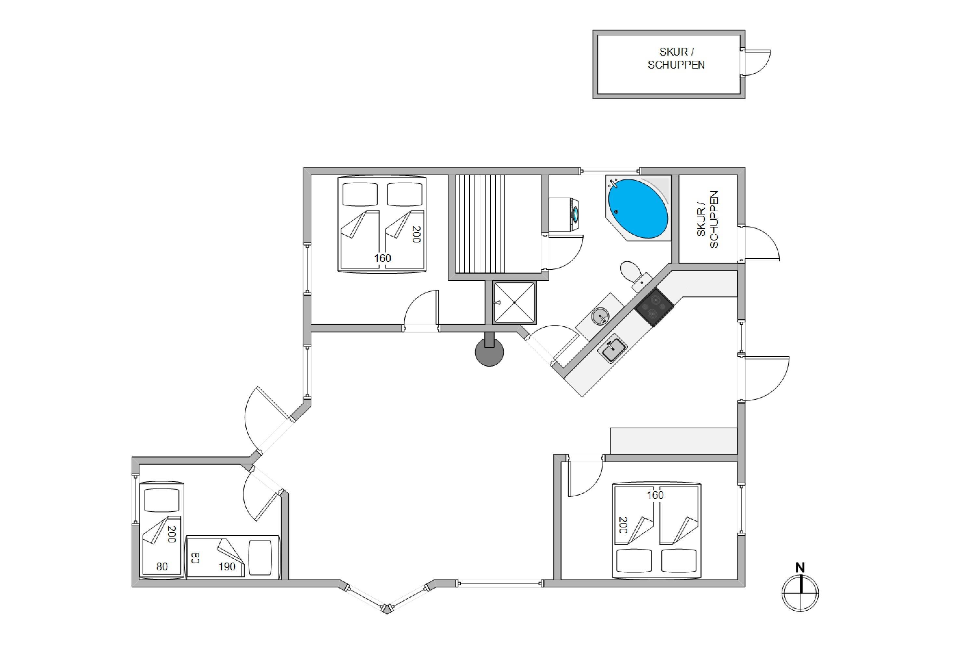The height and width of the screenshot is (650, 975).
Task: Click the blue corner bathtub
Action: pyautogui.click(x=638, y=209)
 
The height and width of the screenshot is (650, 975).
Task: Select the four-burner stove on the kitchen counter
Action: pyautogui.click(x=655, y=307)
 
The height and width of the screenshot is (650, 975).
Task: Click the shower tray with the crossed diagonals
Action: pyautogui.click(x=514, y=303)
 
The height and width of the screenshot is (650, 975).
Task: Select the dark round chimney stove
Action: pyautogui.click(x=489, y=351)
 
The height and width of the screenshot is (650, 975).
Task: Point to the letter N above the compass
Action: pyautogui.click(x=800, y=567)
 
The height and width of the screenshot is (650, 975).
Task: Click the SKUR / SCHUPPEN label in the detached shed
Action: pyautogui.click(x=676, y=58)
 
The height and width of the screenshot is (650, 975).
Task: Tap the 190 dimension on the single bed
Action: pyautogui.click(x=227, y=567)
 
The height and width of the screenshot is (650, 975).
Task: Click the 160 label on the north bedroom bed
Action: pyautogui.click(x=383, y=258)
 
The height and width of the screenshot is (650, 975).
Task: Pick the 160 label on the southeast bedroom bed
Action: pyautogui.click(x=655, y=495)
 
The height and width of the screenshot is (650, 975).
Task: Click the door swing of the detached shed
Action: pyautogui.click(x=756, y=63)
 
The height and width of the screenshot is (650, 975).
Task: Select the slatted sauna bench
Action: pyautogui.click(x=480, y=224)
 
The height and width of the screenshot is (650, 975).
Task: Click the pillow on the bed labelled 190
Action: pyautogui.click(x=260, y=558)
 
